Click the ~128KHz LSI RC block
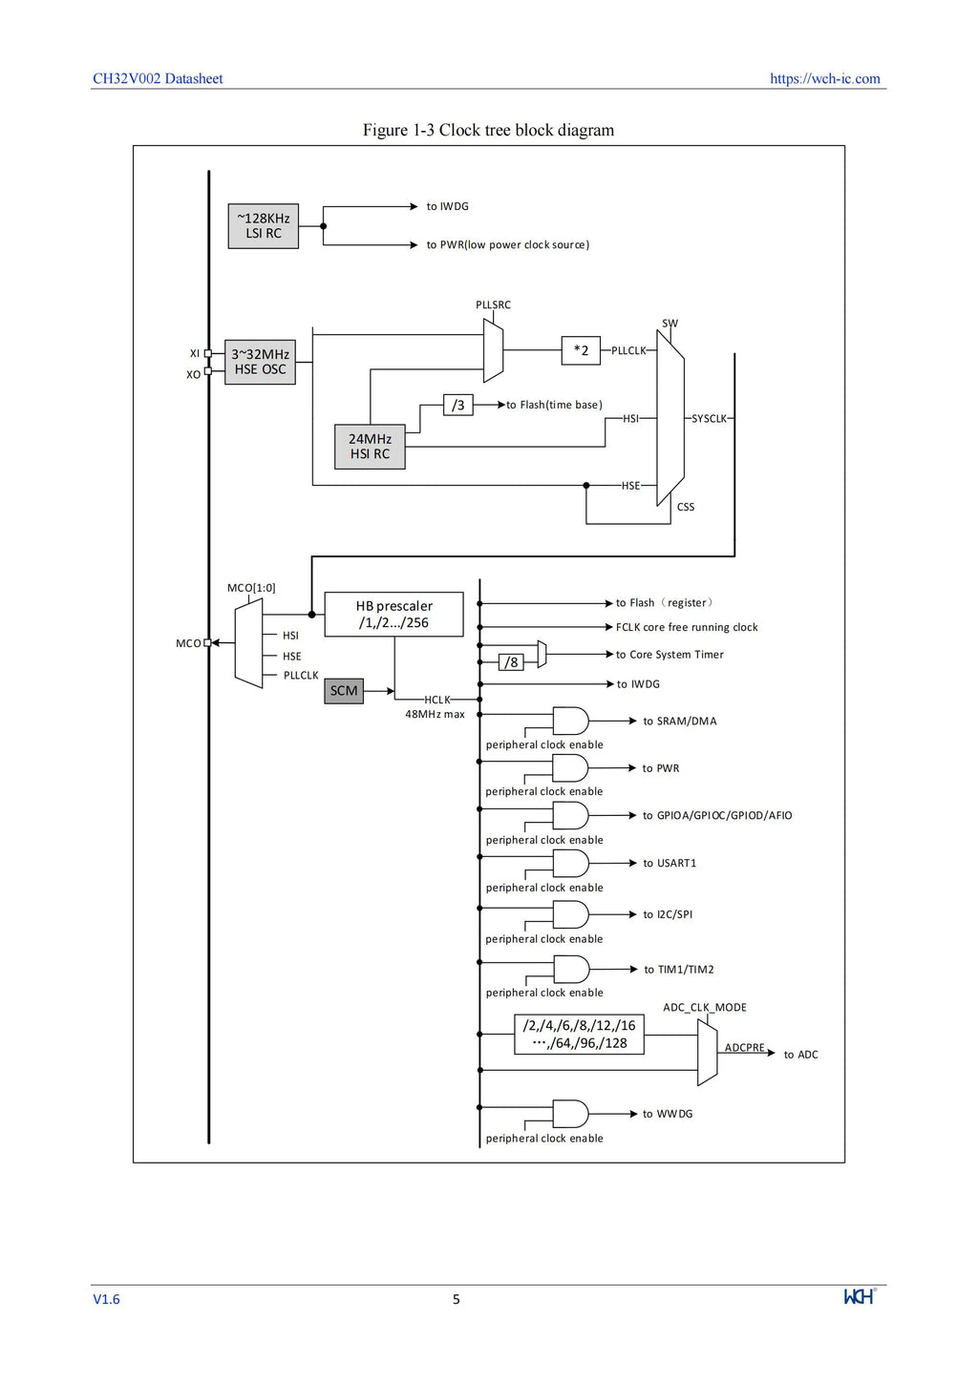pos(263,226)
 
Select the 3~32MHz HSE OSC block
pos(260,362)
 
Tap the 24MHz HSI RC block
pos(370,446)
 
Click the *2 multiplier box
pos(581,350)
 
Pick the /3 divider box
pos(458,405)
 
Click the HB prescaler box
pos(393,614)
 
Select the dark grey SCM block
pos(344,690)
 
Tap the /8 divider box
pos(511,662)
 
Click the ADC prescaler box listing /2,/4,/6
pos(579,1034)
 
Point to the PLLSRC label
pos(494,304)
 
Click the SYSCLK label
pos(709,418)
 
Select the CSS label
pos(686,507)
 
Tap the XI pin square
pos(208,353)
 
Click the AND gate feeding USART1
pos(570,863)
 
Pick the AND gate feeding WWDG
pos(570,1114)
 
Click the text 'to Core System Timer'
pos(670,655)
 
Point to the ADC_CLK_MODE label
pos(705,1008)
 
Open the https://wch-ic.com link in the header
pos(825,78)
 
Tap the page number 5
pos(457,1299)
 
